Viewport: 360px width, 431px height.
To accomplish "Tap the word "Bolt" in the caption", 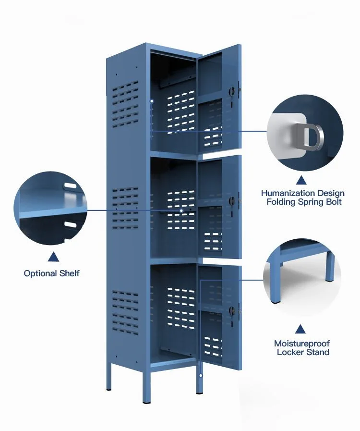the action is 333,202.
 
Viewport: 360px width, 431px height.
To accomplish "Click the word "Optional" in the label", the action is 40,273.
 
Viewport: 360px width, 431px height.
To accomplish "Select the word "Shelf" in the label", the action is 69,273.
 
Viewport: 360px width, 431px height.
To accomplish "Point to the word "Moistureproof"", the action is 302,344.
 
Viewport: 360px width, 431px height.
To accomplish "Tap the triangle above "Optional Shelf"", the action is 52,258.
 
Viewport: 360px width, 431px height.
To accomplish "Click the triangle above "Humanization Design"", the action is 301,180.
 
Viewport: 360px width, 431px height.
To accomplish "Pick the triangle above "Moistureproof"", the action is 301,329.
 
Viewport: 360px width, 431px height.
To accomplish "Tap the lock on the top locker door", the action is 233,91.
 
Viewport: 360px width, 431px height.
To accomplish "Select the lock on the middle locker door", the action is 233,201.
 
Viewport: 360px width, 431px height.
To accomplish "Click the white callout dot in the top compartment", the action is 152,101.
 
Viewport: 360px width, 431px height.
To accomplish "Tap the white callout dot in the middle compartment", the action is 181,210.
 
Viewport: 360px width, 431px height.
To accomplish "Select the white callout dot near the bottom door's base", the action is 201,375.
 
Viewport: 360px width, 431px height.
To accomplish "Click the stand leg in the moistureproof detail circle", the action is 330,267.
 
